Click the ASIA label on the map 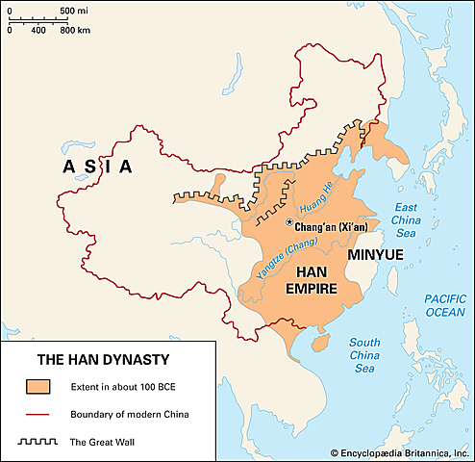click(97, 167)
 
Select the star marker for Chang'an click(288, 222)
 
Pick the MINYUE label click(375, 255)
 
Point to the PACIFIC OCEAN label click(443, 305)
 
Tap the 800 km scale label click(75, 30)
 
